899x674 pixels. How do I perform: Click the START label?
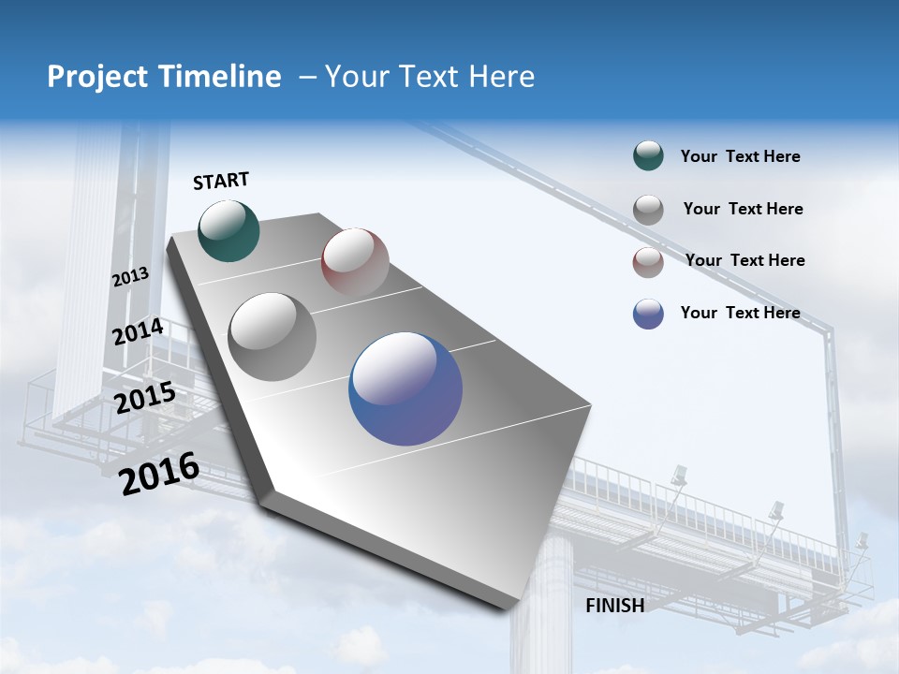click(x=221, y=181)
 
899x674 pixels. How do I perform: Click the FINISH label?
click(x=615, y=606)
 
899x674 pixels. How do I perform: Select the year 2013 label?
click(x=130, y=277)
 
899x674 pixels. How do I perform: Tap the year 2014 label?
click(x=139, y=332)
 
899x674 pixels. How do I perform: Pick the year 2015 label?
click(x=145, y=398)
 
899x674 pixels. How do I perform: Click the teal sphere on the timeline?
click(x=229, y=231)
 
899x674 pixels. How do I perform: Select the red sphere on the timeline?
click(x=355, y=262)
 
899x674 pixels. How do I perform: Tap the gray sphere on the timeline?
click(x=273, y=337)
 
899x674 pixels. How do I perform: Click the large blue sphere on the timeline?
click(x=405, y=388)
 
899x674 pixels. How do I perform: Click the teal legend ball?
click(x=648, y=156)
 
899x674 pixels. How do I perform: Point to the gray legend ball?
click(x=648, y=210)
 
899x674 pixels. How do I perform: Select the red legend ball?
click(x=648, y=262)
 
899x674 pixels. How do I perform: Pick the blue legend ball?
click(x=648, y=314)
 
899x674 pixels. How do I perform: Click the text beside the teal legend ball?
click(x=740, y=156)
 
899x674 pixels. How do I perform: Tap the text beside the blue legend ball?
click(x=740, y=313)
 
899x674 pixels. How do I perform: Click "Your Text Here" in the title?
click(x=430, y=77)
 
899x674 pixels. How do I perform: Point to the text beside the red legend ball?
click(x=744, y=260)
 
